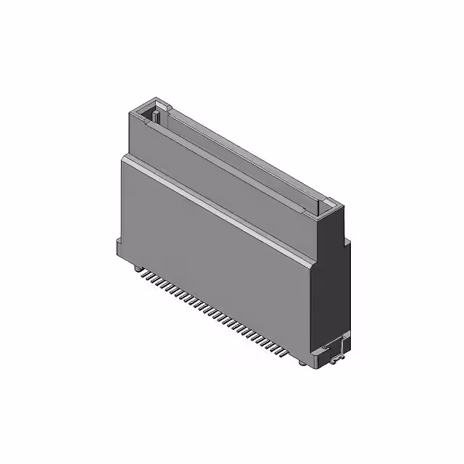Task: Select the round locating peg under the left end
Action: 136,268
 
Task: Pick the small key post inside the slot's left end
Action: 155,115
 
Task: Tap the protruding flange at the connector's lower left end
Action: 118,246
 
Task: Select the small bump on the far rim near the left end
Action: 166,108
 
